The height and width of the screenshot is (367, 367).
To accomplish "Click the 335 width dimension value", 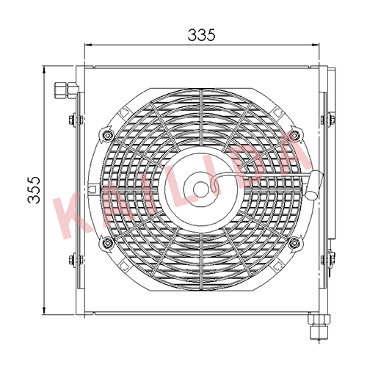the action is tap(201, 34).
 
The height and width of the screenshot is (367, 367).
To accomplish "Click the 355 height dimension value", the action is tap(34, 190).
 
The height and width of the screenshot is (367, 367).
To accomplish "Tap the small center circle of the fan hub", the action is tap(200, 189).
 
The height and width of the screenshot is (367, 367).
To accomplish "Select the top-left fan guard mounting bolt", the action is tap(107, 135).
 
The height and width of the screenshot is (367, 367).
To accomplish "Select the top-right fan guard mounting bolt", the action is tap(294, 135).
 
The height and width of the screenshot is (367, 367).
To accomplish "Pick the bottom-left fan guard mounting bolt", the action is tap(107, 243).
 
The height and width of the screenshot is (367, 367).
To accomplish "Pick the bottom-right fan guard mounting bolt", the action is tap(294, 243).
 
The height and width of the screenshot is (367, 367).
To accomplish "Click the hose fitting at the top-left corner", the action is tap(66, 90).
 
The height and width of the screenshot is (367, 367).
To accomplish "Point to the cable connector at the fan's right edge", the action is tap(314, 185).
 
